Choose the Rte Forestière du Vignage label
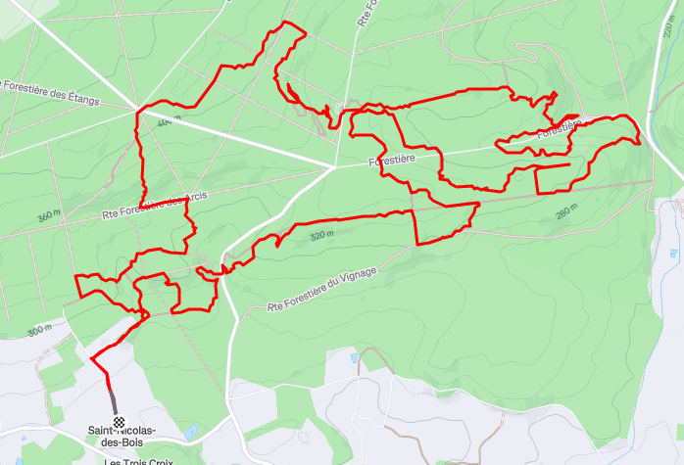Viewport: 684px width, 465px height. [x=321, y=293]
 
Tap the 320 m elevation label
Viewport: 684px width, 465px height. [x=321, y=235]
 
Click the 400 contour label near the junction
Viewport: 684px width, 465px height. [x=165, y=121]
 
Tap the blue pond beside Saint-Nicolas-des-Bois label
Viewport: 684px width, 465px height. [x=191, y=431]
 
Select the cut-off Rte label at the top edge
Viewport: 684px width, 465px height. [x=363, y=12]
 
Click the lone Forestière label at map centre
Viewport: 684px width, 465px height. [x=393, y=158]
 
